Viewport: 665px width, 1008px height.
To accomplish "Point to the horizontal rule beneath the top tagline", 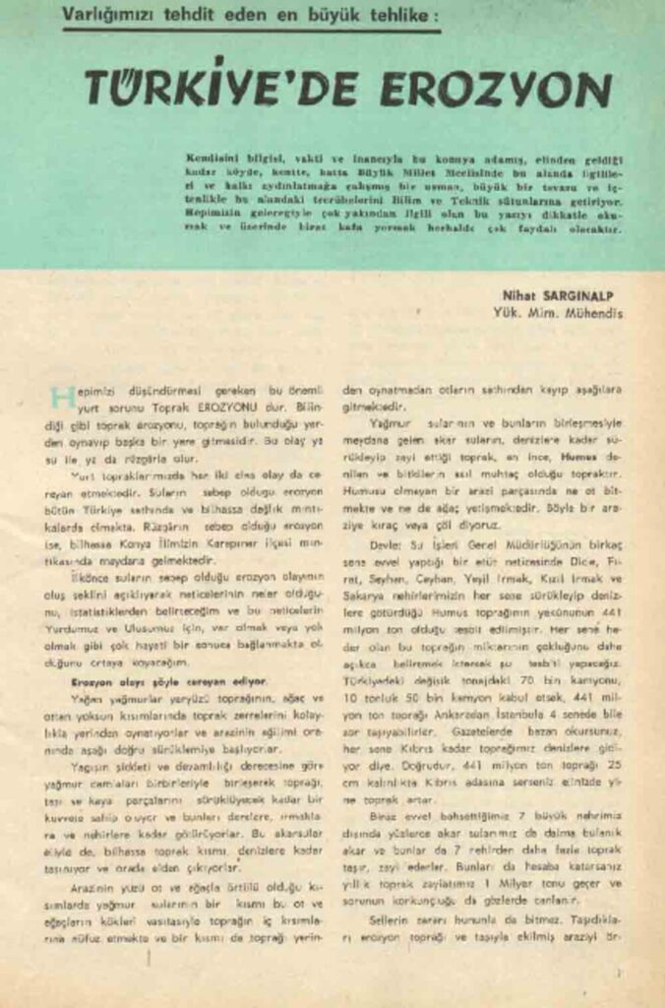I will [x=251, y=31].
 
